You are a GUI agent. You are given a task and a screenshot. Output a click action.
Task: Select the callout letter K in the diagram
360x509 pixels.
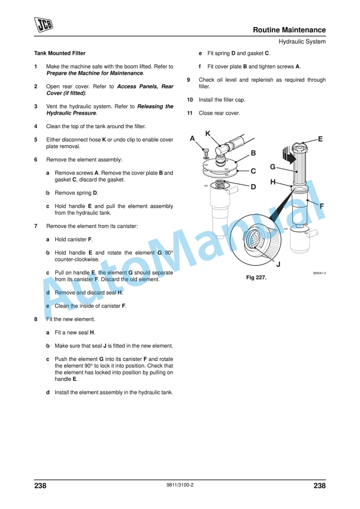coord(208,134)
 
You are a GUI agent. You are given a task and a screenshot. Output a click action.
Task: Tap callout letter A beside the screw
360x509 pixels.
coord(192,139)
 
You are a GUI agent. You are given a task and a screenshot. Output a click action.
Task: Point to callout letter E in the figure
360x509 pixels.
coord(320,139)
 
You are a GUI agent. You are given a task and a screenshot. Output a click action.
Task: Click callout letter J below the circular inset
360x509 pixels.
coord(278,264)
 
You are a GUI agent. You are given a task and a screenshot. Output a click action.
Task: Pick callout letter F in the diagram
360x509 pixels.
coord(322,206)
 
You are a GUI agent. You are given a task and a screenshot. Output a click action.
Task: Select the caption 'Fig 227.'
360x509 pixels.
coord(256,277)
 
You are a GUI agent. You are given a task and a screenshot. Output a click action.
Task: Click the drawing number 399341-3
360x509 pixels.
coord(319,273)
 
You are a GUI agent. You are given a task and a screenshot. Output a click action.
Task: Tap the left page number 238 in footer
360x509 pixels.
coord(41,485)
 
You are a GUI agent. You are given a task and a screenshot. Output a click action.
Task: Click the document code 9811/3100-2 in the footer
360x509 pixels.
coord(180,485)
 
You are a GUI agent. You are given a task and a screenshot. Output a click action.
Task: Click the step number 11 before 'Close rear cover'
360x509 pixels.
coord(190,113)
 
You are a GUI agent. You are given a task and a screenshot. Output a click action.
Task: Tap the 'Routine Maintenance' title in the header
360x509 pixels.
coord(289,29)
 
